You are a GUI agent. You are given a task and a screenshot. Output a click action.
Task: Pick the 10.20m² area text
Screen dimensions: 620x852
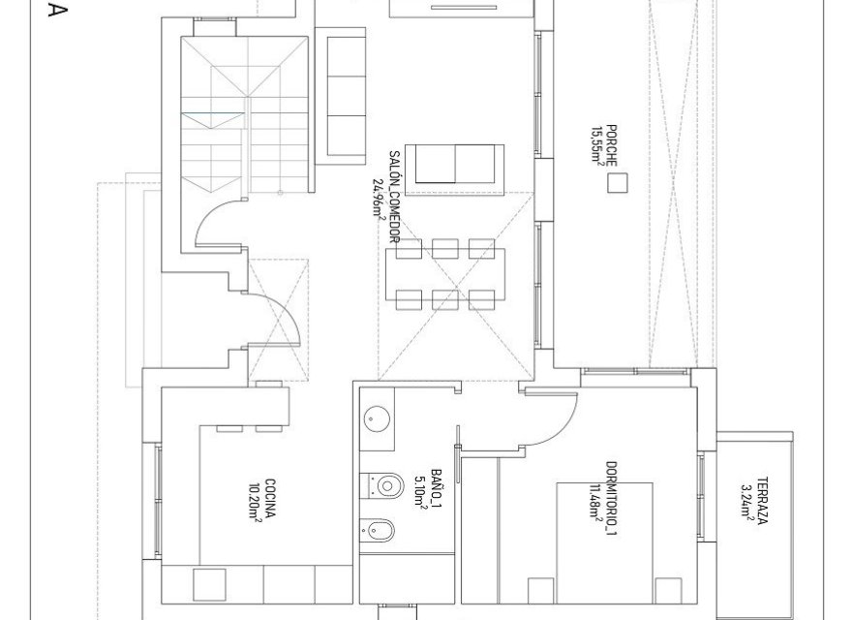coord(257,501)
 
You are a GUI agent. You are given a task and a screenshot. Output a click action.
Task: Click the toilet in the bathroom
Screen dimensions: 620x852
coord(383,482)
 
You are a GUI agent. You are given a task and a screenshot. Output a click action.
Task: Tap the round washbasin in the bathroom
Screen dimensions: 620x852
coord(377,418)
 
